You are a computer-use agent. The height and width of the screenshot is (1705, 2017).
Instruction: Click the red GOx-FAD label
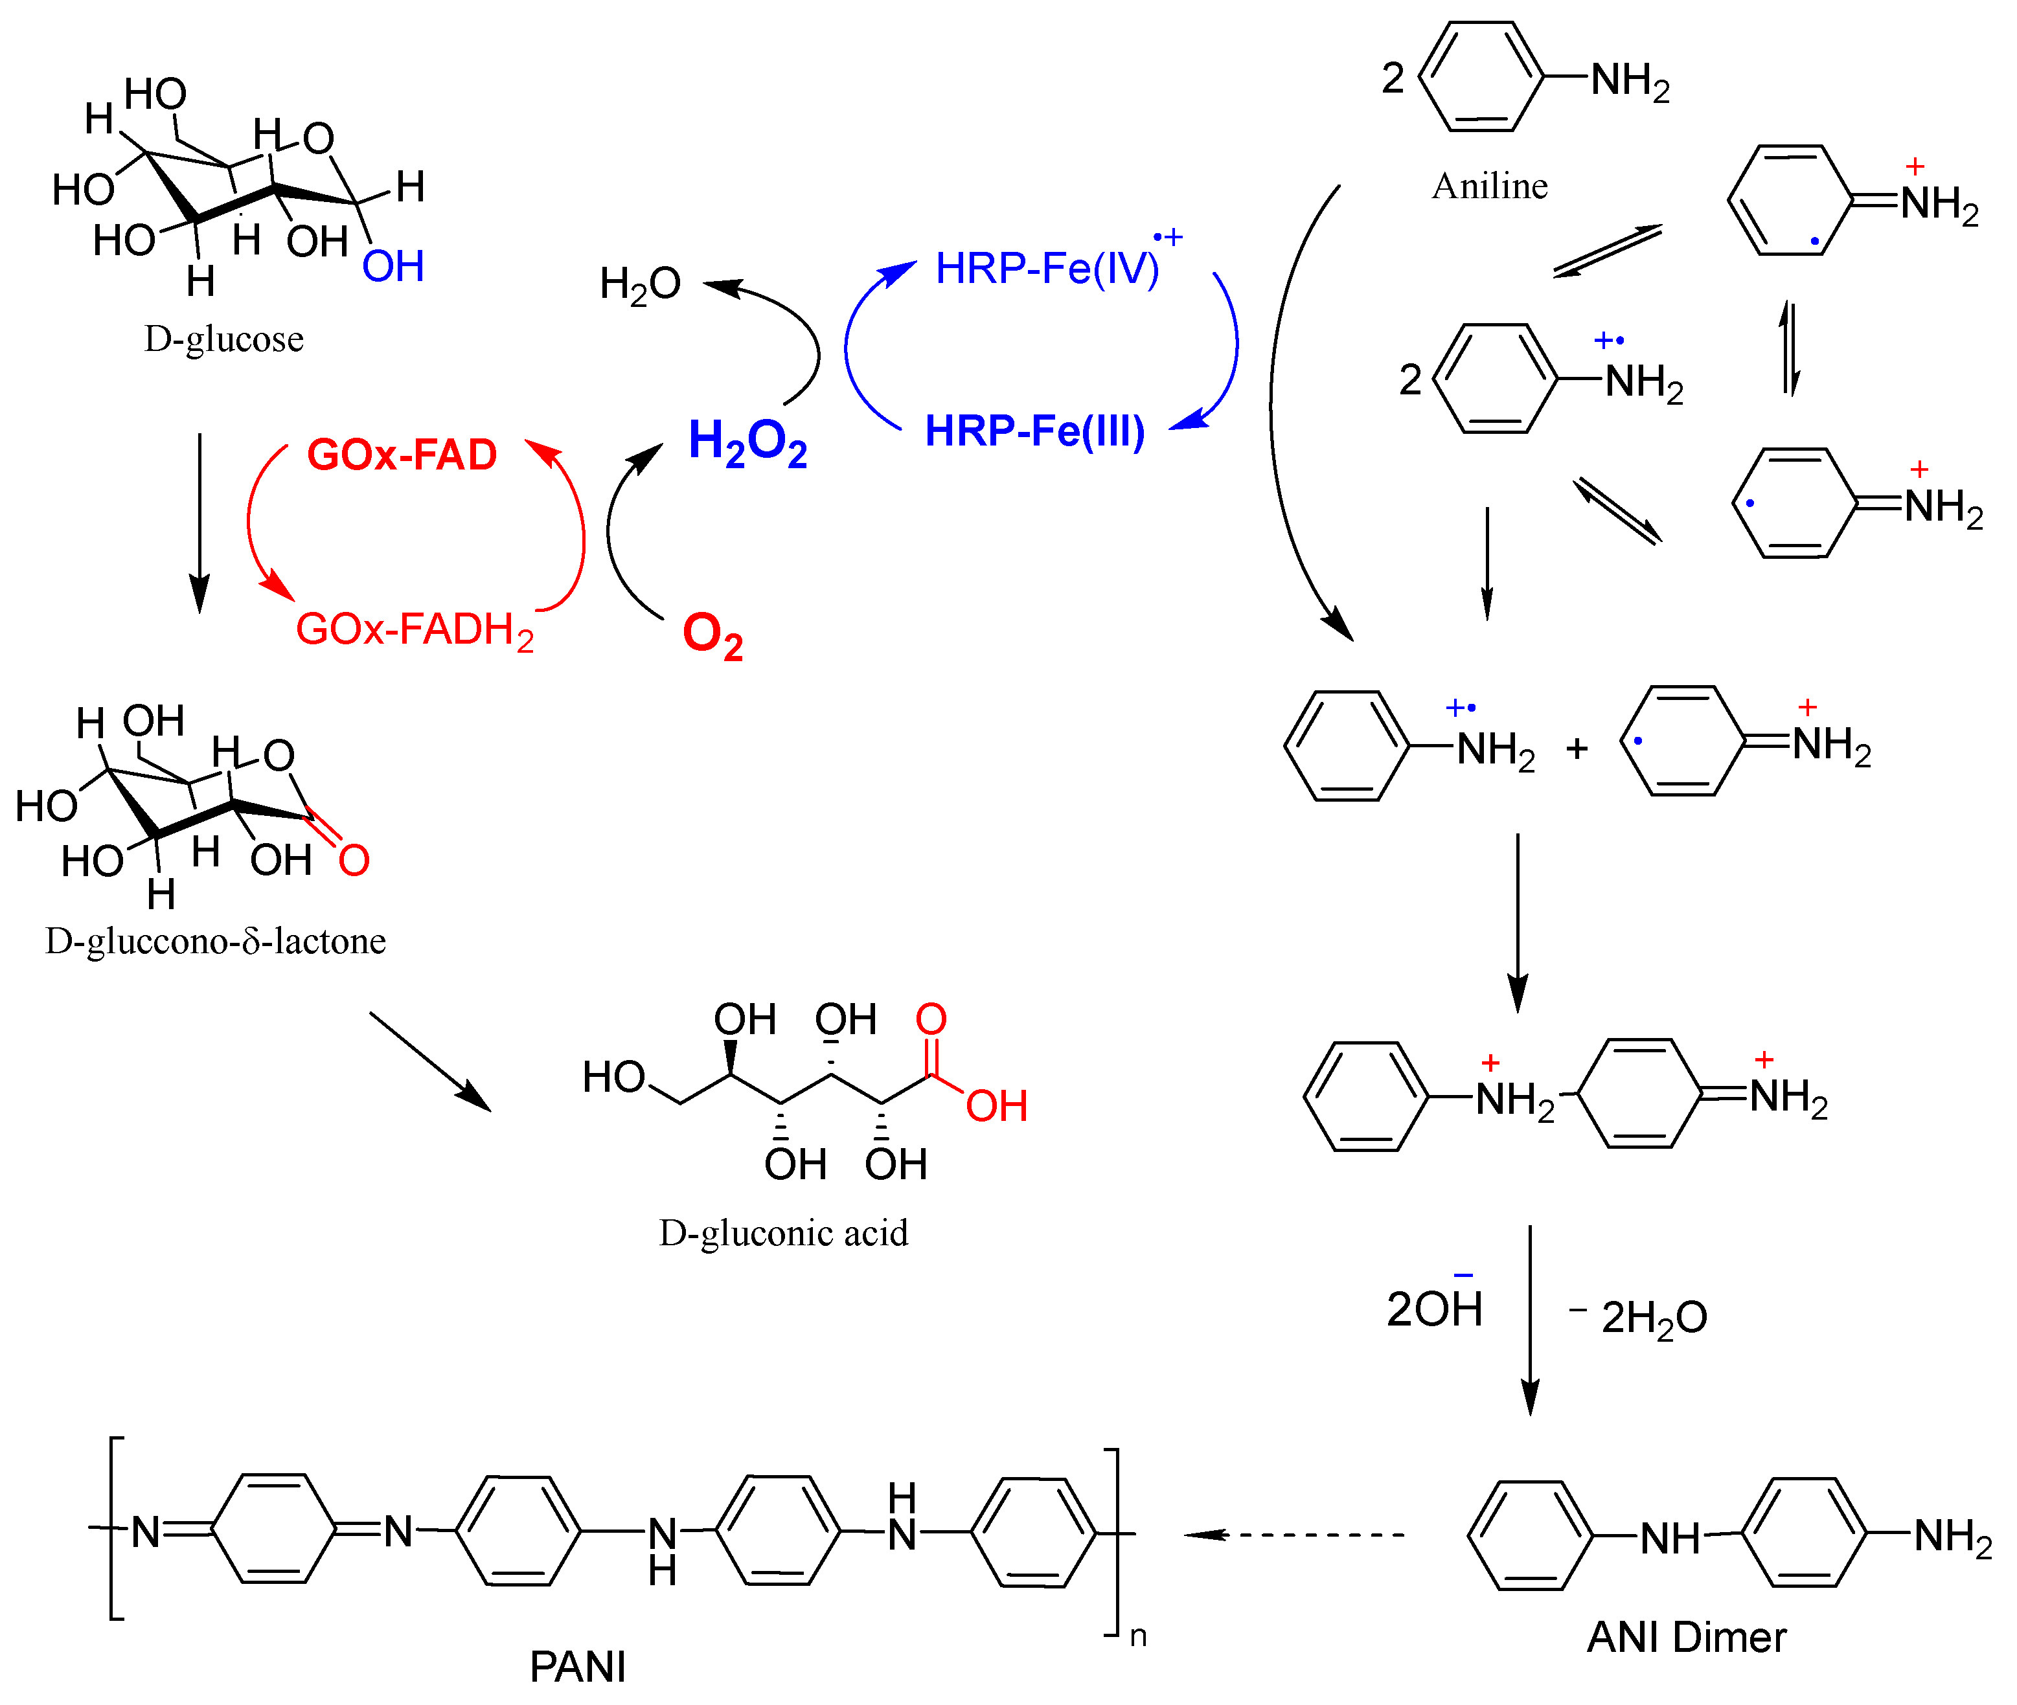click(402, 455)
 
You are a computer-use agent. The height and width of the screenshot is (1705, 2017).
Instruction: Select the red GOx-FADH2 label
click(414, 630)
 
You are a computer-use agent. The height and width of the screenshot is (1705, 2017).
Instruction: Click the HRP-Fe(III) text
click(1034, 431)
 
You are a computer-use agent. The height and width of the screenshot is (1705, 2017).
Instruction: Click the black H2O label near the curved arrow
click(639, 285)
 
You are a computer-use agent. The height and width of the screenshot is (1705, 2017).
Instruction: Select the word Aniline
click(1489, 186)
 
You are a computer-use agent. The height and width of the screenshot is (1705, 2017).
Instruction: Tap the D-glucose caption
click(223, 339)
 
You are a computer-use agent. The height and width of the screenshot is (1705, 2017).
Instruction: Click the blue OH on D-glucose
click(393, 267)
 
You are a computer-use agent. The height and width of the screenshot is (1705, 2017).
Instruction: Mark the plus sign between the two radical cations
click(1577, 748)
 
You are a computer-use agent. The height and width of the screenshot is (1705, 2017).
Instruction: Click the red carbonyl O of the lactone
click(354, 860)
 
